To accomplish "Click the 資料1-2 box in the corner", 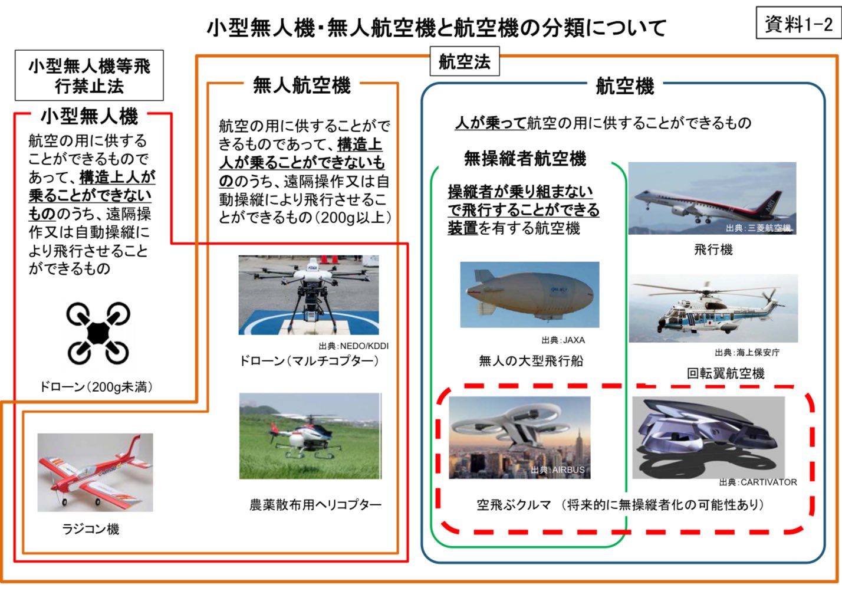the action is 798,22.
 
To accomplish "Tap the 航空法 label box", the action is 465,61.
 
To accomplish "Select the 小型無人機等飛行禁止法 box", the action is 90,75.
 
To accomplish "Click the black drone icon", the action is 98,333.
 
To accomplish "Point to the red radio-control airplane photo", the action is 95,472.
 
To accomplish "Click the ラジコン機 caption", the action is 91,529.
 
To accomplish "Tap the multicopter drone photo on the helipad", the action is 308,295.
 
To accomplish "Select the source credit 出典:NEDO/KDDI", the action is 353,346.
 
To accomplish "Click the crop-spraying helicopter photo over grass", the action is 311,436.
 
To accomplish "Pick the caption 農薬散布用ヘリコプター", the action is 315,504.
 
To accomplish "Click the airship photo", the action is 529,294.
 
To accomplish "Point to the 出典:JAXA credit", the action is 563,340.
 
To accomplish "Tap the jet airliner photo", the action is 712,198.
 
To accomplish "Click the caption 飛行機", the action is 713,249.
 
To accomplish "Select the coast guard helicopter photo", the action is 713,308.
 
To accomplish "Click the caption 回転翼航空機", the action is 725,373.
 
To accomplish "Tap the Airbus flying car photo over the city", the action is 519,437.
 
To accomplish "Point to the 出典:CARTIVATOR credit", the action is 758,482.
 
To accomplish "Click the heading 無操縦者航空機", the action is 525,158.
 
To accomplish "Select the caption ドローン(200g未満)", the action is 97,387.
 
